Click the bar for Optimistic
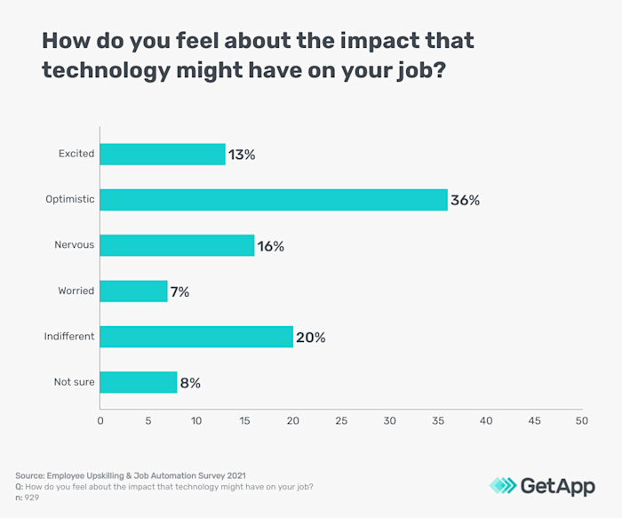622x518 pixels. (x=273, y=200)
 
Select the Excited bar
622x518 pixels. (x=163, y=155)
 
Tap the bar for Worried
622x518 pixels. (x=133, y=291)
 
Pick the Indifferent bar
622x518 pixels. (x=196, y=337)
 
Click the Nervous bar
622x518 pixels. (x=177, y=245)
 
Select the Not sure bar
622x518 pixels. (x=139, y=383)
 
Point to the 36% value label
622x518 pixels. (x=465, y=201)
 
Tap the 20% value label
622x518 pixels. (x=311, y=338)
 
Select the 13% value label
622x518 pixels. (x=241, y=155)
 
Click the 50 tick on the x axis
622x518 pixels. (x=581, y=420)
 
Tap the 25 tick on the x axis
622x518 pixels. (x=340, y=420)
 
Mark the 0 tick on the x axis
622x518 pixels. (x=100, y=420)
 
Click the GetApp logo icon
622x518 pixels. (x=504, y=485)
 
